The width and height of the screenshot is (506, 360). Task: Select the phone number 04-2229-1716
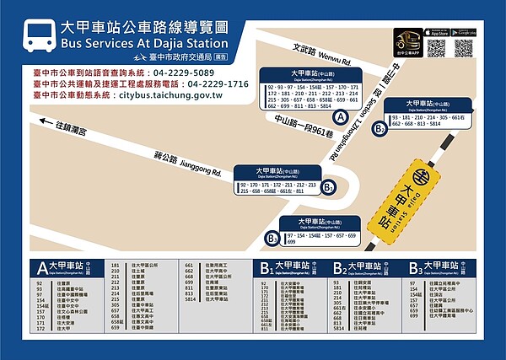218,84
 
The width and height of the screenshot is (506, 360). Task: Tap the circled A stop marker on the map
340,119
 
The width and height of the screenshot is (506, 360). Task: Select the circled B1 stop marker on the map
329,187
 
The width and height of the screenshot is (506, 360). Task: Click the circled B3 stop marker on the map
272,239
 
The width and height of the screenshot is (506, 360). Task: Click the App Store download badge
435,32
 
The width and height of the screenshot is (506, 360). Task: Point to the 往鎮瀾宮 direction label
72,126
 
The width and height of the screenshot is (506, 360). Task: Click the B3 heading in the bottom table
415,268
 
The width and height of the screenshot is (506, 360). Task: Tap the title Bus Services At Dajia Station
144,43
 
